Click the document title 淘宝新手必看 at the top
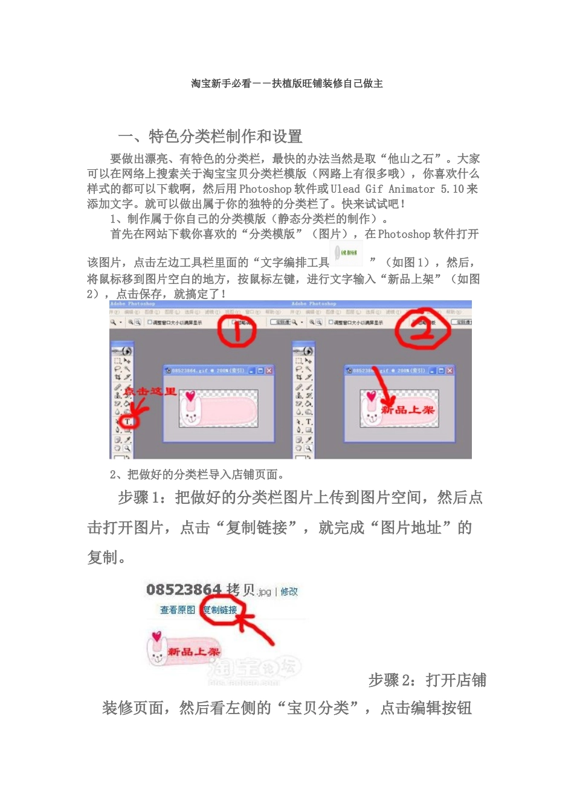point(221,83)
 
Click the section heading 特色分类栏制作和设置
point(225,137)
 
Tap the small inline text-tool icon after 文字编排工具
point(348,254)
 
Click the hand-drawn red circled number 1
point(237,331)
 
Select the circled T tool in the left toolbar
point(127,421)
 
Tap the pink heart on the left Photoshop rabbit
point(190,396)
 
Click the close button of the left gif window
point(269,370)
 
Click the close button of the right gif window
point(450,370)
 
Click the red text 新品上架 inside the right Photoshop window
point(407,410)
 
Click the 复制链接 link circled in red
point(220,610)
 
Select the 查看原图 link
point(177,610)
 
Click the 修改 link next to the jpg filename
point(289,591)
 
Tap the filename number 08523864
point(184,590)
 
